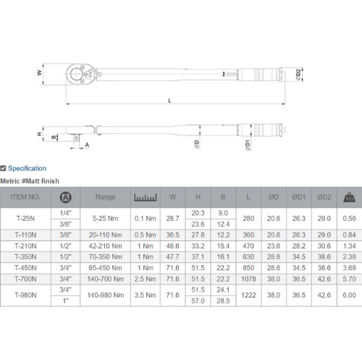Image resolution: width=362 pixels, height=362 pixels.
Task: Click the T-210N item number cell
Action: (x=25, y=246)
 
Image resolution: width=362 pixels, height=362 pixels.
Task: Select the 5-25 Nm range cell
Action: (x=105, y=219)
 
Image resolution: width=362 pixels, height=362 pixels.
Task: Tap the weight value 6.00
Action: (x=349, y=295)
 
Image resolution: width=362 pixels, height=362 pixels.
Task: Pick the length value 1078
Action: (x=248, y=279)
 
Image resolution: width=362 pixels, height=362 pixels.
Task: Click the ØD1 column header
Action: (x=299, y=197)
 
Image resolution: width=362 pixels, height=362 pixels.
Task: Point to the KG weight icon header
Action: (x=349, y=198)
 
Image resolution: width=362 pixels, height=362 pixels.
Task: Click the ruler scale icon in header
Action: (x=146, y=198)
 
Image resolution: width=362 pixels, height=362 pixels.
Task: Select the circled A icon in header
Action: (x=65, y=198)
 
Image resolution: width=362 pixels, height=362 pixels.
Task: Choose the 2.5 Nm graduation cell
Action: (x=146, y=279)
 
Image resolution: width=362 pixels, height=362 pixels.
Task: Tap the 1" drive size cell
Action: (x=65, y=300)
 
